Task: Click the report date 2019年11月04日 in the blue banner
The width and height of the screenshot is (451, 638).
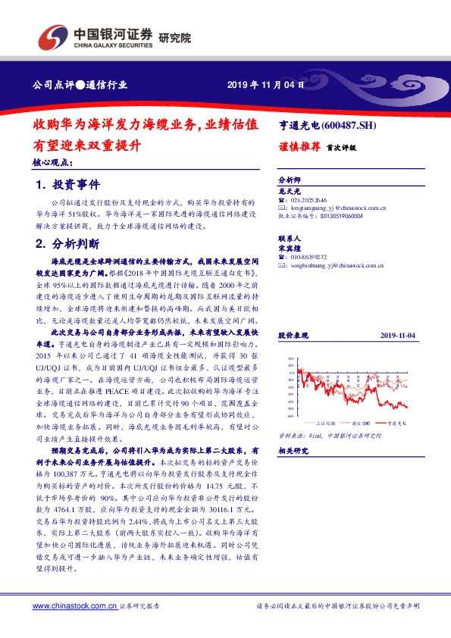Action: (267, 85)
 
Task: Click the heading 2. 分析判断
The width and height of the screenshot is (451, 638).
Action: (67, 244)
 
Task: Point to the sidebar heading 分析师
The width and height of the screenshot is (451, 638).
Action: (290, 181)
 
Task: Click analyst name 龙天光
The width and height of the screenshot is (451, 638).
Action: (290, 192)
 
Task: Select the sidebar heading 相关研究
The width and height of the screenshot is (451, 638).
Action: (292, 451)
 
